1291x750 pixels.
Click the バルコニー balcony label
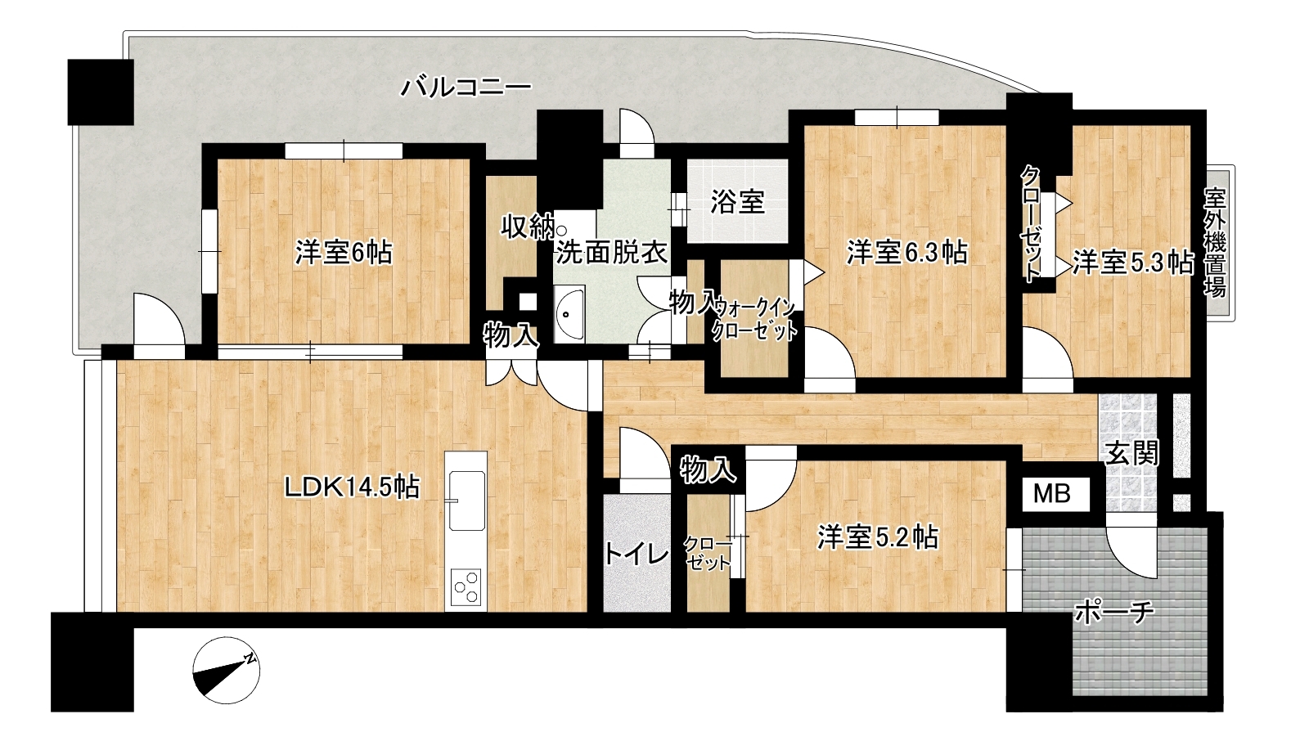point(466,88)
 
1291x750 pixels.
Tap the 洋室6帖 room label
point(344,253)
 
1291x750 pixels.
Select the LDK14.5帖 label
point(352,487)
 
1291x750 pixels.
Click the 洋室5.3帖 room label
point(1133,263)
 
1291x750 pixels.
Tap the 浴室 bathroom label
point(738,202)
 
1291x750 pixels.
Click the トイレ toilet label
point(637,555)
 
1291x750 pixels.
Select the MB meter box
point(1052,494)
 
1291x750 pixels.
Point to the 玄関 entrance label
point(1132,453)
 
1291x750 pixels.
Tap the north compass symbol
point(226,671)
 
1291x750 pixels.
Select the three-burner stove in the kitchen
point(466,586)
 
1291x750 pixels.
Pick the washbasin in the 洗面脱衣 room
point(569,315)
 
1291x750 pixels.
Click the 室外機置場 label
point(1216,242)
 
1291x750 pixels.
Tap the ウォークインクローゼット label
point(755,320)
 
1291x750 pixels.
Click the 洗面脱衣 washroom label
point(612,253)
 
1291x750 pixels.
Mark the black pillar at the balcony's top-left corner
point(101,92)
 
